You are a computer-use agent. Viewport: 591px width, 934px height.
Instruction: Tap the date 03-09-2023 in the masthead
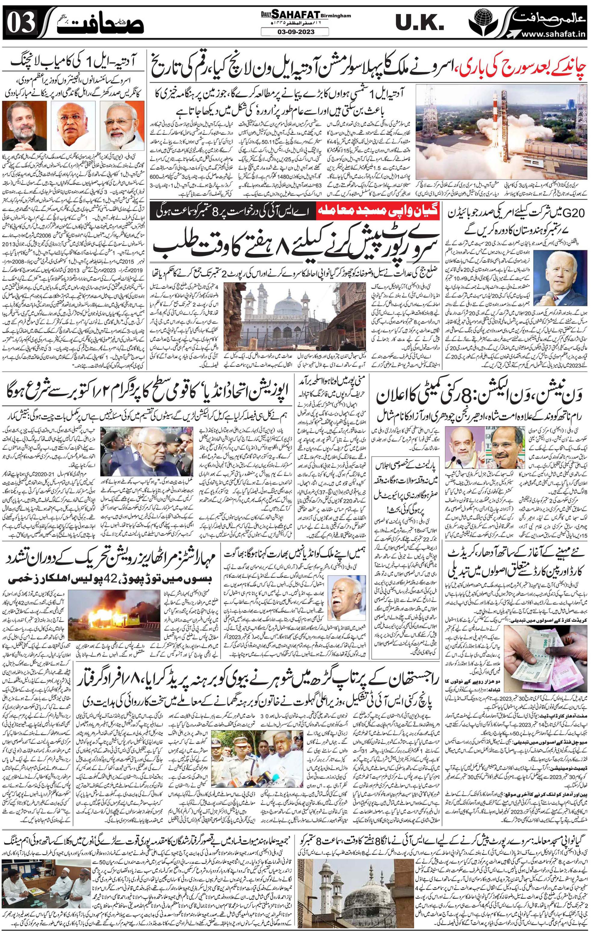295,31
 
